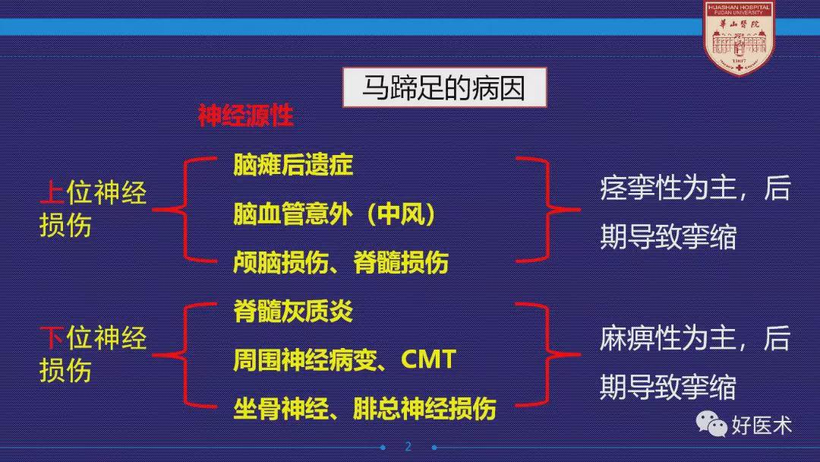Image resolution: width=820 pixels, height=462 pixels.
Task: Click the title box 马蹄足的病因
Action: tap(444, 87)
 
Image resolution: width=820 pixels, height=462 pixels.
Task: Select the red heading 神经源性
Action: tap(245, 115)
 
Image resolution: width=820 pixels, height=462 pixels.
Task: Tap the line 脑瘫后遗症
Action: tap(293, 165)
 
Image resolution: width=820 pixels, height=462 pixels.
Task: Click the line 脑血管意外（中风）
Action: tap(335, 214)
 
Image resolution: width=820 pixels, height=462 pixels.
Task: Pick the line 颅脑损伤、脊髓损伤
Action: tap(340, 262)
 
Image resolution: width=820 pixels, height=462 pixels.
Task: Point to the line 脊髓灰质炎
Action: tap(293, 312)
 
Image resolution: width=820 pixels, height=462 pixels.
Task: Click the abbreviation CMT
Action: tap(428, 359)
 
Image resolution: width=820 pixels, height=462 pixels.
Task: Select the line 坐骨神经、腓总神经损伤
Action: tap(364, 409)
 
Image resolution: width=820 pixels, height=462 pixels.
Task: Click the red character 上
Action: tap(52, 193)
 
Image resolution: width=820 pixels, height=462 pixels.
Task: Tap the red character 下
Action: tap(52, 337)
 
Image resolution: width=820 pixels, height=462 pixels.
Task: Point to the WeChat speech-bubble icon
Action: tap(711, 423)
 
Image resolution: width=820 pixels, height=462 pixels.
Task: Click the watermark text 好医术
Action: tap(762, 426)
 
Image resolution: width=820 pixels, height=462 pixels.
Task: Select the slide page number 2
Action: tap(408, 446)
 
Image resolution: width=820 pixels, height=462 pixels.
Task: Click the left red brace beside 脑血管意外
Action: tap(184, 209)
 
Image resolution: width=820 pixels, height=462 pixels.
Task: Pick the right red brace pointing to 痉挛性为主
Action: tap(548, 209)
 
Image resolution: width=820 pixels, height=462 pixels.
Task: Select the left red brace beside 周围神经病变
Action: tap(184, 356)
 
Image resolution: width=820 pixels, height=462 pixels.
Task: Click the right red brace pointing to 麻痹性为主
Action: tap(548, 355)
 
